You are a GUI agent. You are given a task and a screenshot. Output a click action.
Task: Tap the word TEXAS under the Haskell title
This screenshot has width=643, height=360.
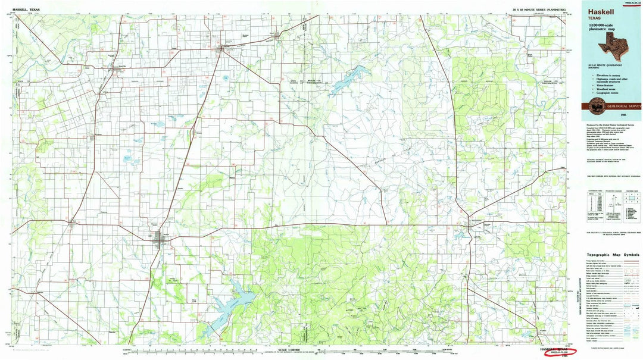[x=597, y=19]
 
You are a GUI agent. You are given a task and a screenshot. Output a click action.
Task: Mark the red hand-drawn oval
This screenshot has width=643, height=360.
[x=556, y=352]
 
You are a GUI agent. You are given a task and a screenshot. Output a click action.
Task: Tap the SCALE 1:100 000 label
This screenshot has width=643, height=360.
[x=288, y=349]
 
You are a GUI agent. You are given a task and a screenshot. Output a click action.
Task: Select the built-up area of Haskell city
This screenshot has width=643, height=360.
[x=161, y=239]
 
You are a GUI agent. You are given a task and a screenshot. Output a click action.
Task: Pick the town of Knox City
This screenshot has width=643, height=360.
[x=117, y=70]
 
